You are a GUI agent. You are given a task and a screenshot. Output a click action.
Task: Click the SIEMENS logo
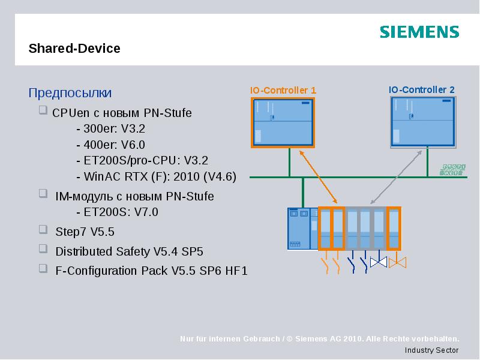point(419,32)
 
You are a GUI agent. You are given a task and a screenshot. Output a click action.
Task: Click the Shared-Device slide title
point(74,49)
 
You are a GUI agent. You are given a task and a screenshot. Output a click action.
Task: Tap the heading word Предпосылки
point(70,93)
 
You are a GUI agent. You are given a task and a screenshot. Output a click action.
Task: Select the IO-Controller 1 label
point(283,90)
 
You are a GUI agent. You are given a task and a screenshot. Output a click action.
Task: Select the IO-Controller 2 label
point(422,90)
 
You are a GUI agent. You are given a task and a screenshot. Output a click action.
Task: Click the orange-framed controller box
point(283,122)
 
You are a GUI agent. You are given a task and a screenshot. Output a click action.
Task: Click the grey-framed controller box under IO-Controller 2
point(422,122)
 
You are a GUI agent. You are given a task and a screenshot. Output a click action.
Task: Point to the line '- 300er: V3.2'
point(111,128)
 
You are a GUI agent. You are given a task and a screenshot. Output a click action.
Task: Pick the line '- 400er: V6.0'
point(111,145)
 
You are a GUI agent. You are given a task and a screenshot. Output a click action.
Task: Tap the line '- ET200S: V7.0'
point(118,212)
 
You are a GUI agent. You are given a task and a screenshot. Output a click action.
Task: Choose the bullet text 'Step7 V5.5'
point(85,232)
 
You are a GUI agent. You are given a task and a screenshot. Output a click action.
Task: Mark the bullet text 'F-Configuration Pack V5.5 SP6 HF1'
point(151,271)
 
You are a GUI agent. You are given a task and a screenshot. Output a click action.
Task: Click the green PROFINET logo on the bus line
point(454,170)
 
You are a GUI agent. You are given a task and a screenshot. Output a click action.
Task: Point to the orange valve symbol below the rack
point(397,262)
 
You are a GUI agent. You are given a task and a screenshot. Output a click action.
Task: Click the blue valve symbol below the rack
point(378,262)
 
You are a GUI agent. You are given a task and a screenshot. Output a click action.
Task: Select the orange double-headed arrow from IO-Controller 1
point(318,176)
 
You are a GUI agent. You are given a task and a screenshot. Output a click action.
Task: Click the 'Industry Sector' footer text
point(431,350)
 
